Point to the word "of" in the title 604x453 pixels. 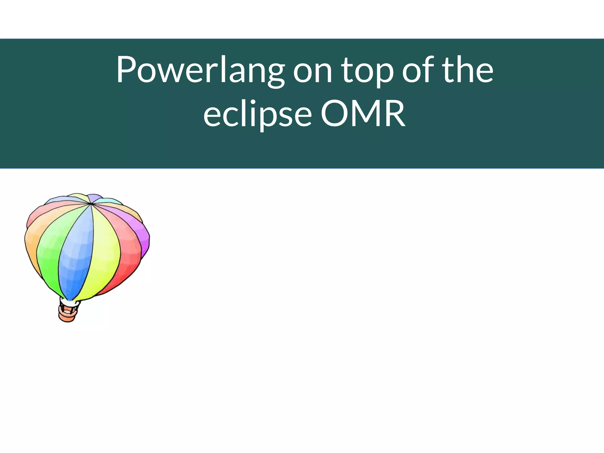click(x=417, y=70)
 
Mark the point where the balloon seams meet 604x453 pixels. click(x=90, y=203)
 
